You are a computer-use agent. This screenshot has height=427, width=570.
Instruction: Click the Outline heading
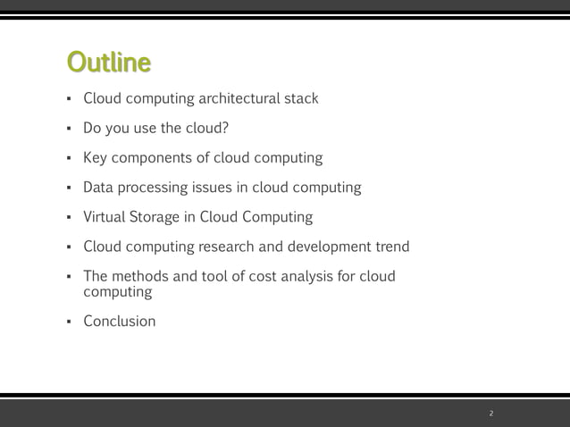pyautogui.click(x=108, y=63)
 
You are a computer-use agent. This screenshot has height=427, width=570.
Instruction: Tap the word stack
pyautogui.click(x=301, y=98)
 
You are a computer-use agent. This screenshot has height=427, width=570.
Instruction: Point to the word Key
pyautogui.click(x=96, y=158)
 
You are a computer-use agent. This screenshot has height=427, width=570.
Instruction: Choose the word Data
pyautogui.click(x=98, y=188)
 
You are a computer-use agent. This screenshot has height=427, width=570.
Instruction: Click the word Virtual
pyautogui.click(x=105, y=217)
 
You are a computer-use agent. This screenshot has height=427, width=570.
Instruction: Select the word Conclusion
pyautogui.click(x=119, y=321)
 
